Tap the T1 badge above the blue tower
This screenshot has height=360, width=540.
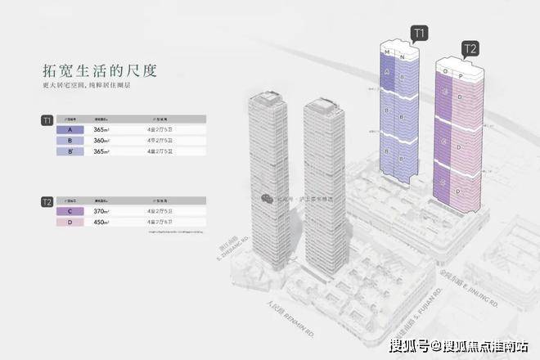coord(420,34)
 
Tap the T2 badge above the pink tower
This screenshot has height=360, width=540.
coord(470,48)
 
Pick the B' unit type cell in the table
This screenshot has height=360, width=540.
coord(74,151)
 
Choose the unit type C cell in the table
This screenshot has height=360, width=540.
coord(74,211)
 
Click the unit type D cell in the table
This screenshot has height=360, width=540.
coord(74,222)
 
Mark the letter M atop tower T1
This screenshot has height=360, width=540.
coord(386,52)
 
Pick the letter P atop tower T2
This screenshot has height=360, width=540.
coord(461,74)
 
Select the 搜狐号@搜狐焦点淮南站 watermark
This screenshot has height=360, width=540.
coord(458,345)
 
